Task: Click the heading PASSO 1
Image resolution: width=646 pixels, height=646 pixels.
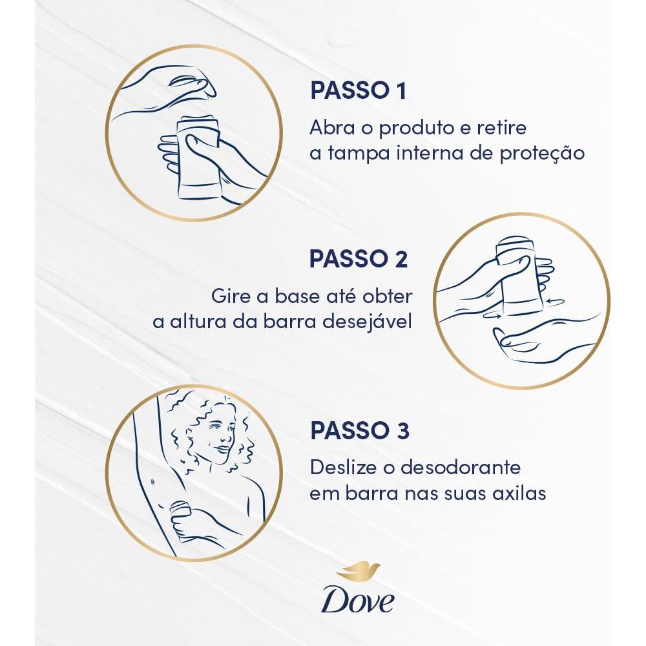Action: (358, 90)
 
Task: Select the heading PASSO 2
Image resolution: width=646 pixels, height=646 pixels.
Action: (358, 258)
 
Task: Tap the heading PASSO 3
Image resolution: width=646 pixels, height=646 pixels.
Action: (359, 431)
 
